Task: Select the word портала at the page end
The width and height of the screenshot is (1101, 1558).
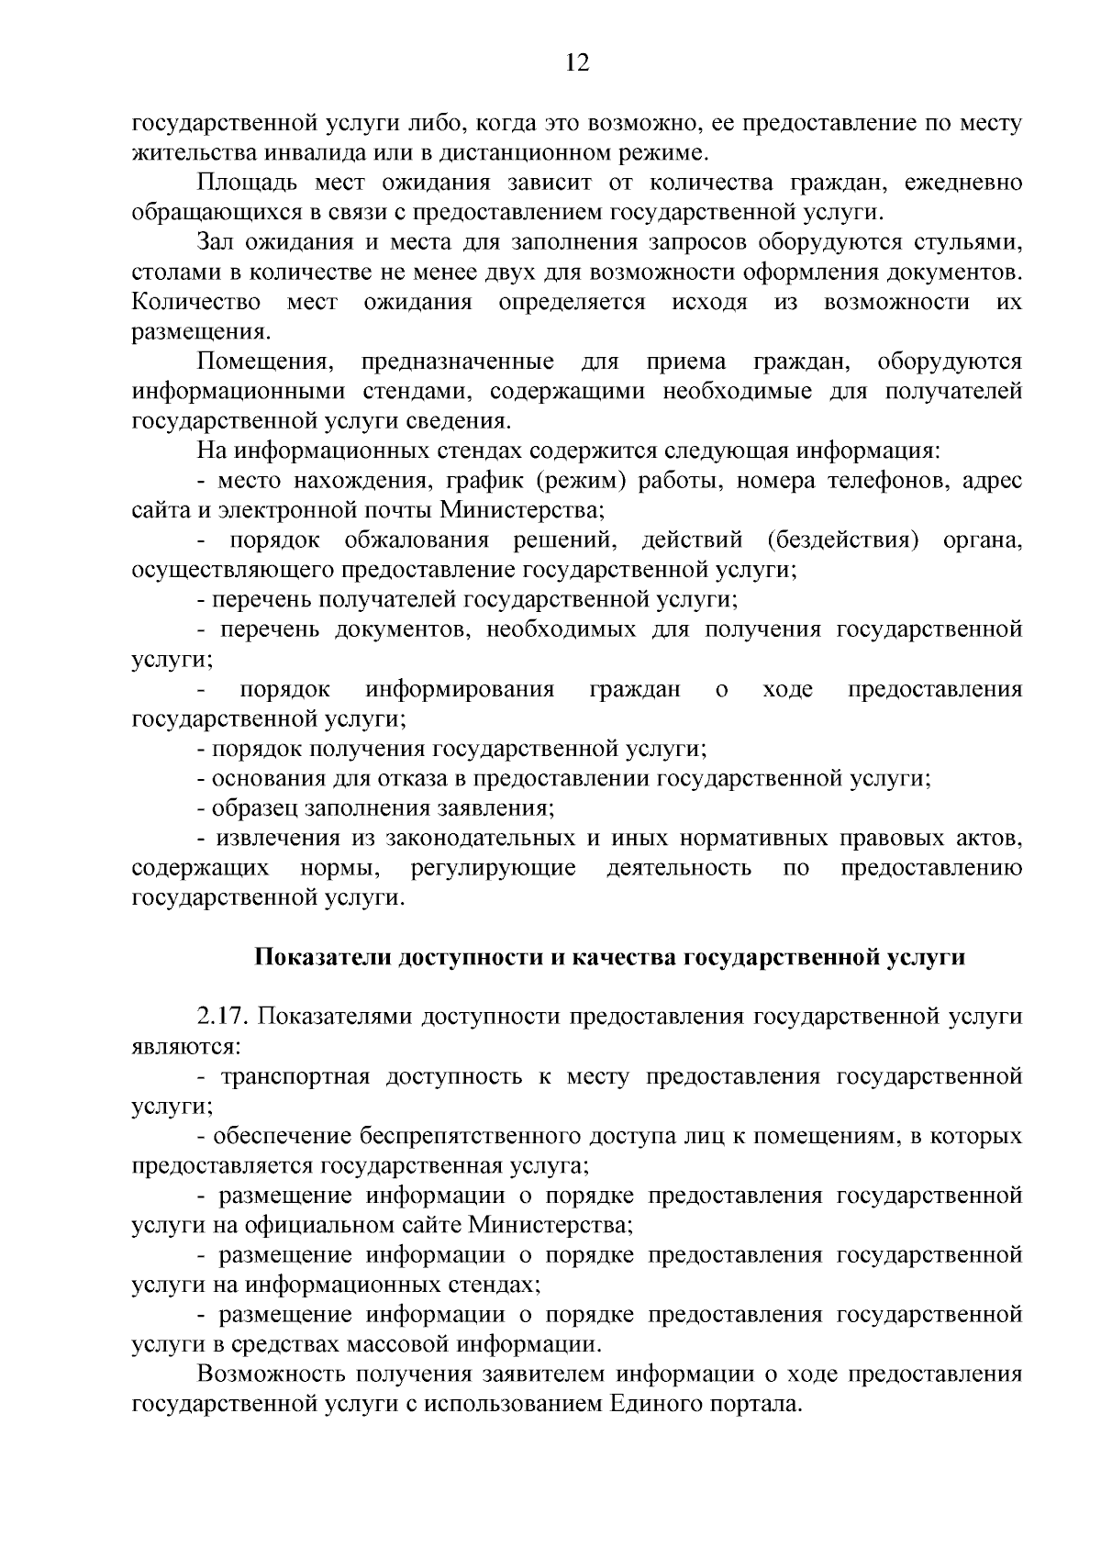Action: pyautogui.click(x=755, y=1404)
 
